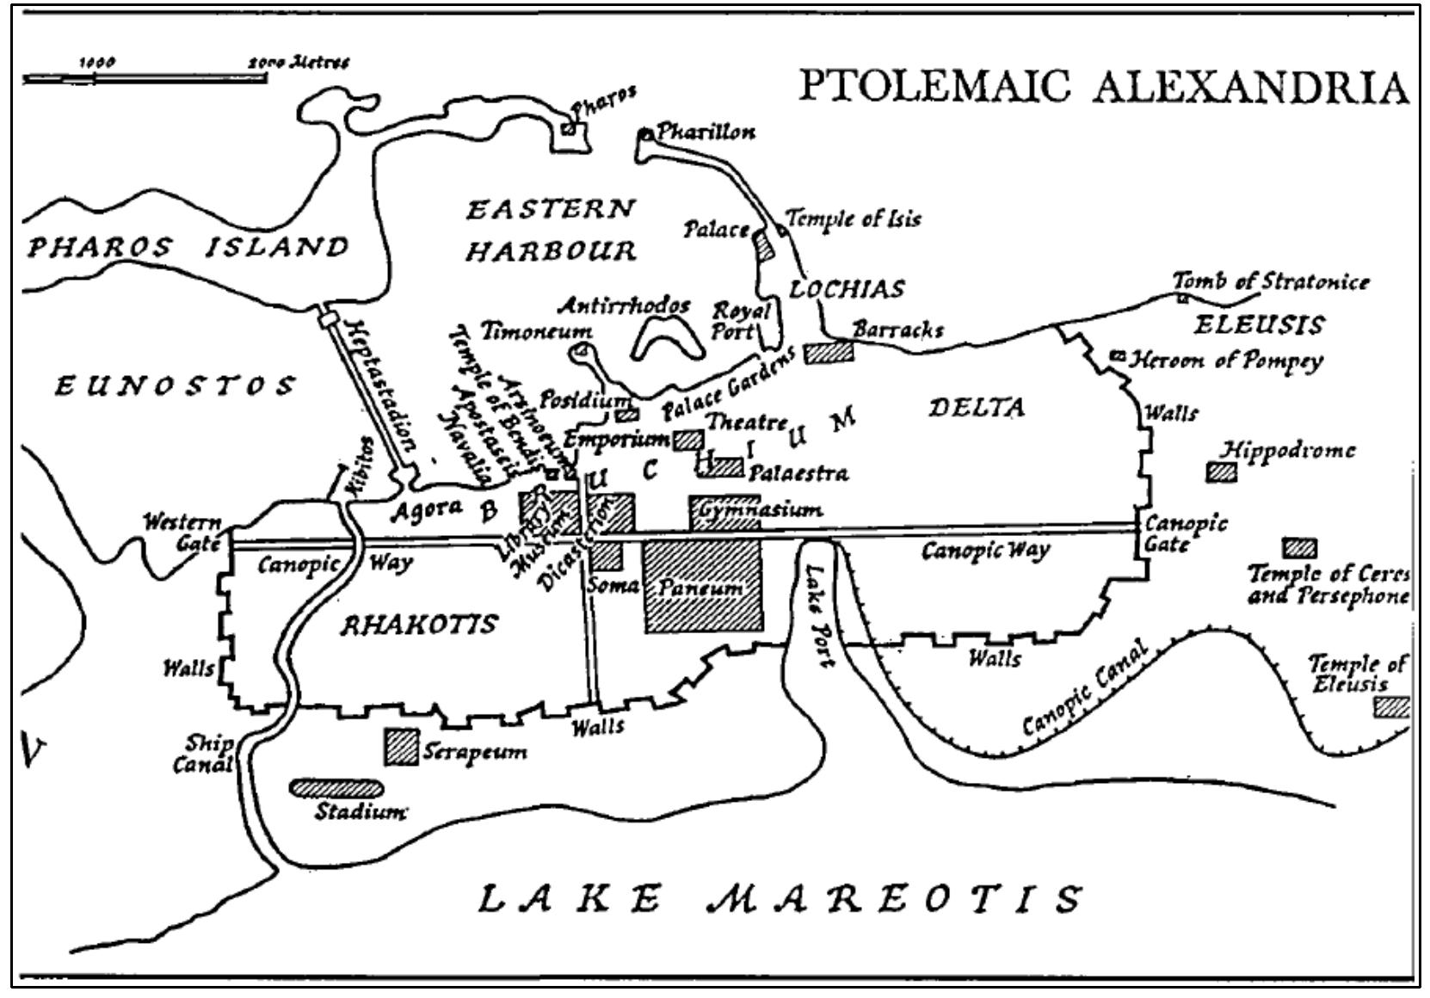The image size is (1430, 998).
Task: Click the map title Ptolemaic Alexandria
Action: (x=1104, y=86)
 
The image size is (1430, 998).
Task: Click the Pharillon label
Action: (x=706, y=132)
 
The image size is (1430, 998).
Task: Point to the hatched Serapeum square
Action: (x=401, y=746)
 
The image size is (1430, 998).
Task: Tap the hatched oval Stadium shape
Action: (x=336, y=787)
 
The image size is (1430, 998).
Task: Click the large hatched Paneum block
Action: (x=703, y=586)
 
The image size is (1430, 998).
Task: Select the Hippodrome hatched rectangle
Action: (x=1221, y=471)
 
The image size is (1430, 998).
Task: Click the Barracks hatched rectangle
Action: (x=829, y=351)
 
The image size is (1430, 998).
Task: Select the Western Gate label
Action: (x=182, y=533)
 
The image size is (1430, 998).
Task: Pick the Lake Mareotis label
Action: (x=779, y=898)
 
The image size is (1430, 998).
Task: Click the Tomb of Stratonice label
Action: (x=1270, y=281)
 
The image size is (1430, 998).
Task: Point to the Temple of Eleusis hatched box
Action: (x=1390, y=706)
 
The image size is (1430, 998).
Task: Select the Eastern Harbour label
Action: (x=551, y=230)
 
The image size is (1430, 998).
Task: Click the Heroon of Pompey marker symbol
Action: (x=1118, y=355)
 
